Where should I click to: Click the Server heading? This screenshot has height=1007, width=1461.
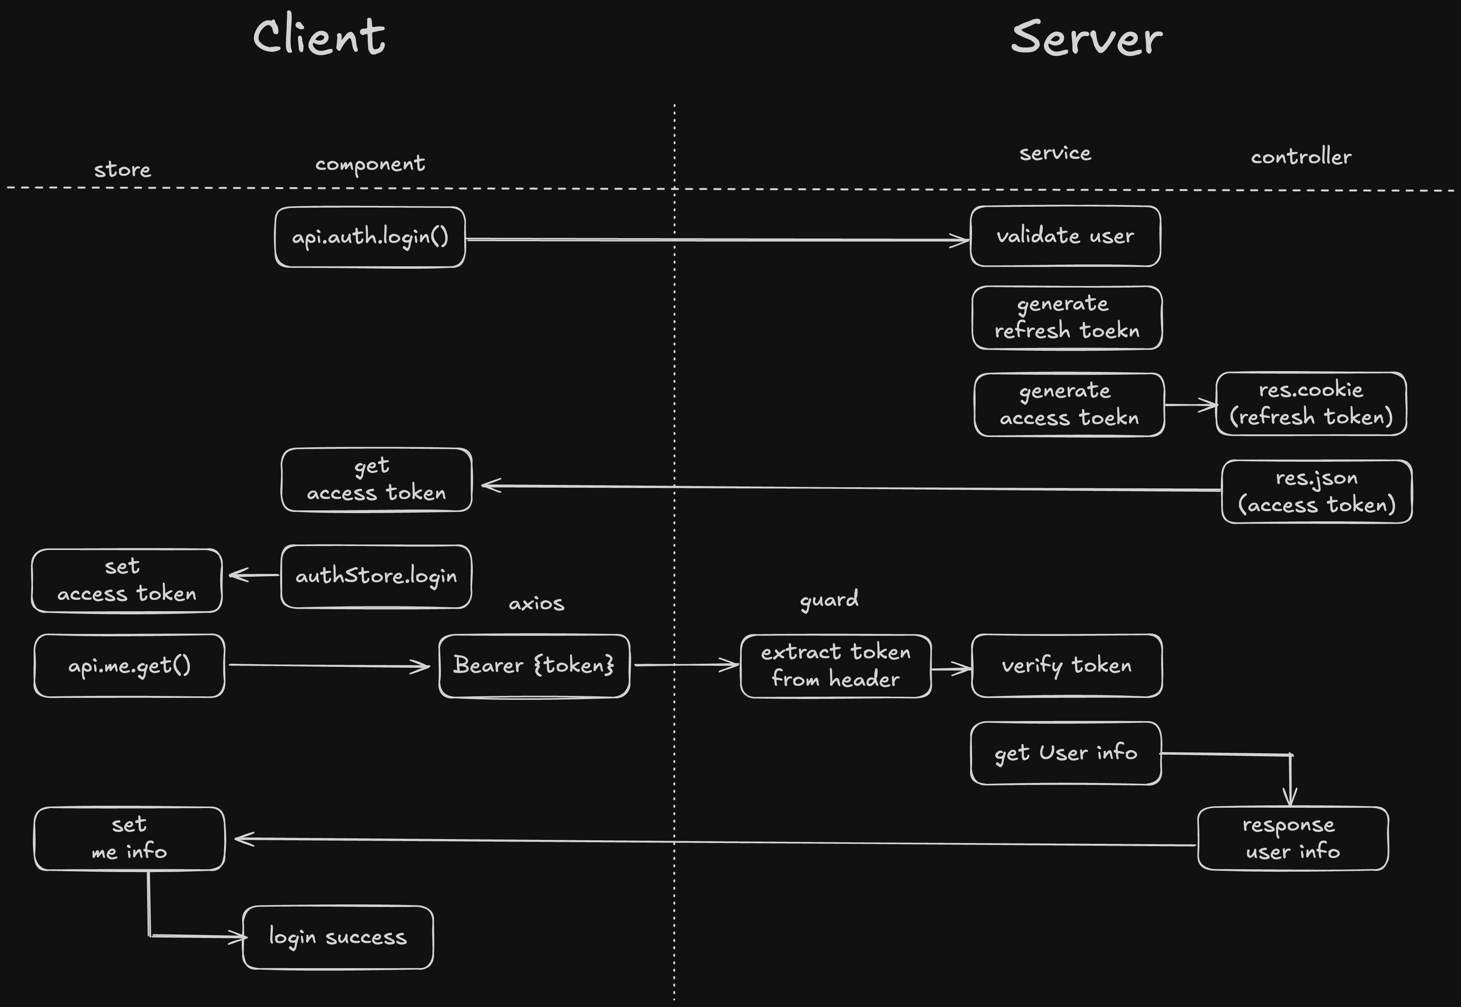click(x=1086, y=38)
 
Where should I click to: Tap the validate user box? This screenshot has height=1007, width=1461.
click(x=1065, y=236)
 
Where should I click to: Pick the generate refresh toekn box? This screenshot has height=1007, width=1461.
click(x=1067, y=317)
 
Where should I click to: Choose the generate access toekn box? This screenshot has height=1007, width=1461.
click(x=1069, y=404)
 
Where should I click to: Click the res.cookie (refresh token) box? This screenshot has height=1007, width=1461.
click(x=1311, y=404)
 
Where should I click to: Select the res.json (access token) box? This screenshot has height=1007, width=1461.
click(x=1317, y=492)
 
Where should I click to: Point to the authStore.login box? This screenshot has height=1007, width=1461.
click(x=376, y=576)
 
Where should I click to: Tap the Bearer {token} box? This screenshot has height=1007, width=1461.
click(x=534, y=666)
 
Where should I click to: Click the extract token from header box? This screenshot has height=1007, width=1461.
click(x=835, y=666)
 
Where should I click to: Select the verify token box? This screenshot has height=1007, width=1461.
click(x=1067, y=666)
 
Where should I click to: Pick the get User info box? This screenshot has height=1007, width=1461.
click(x=1065, y=753)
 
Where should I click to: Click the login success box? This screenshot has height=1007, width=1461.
click(x=337, y=937)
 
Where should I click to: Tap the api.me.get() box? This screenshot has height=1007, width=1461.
click(x=130, y=666)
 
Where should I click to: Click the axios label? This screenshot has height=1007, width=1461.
click(x=536, y=603)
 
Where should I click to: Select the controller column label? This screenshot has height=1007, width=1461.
click(x=1301, y=157)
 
